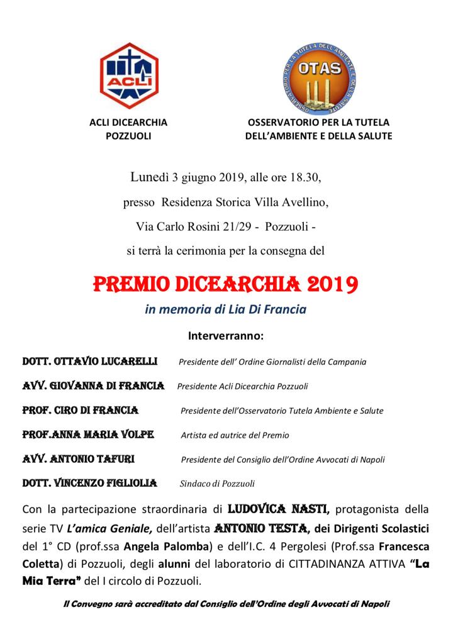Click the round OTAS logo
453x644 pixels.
(320, 75)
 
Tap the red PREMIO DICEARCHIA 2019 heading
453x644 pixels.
(226, 284)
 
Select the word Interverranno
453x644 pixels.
(226, 335)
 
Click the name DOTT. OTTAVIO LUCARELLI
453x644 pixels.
(90, 362)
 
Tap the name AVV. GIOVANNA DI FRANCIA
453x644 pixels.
(93, 386)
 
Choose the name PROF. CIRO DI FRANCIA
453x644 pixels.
(81, 410)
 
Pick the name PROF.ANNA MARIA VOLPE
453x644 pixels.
(88, 435)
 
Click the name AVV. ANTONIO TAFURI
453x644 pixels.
(79, 459)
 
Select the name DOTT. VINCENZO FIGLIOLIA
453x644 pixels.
(89, 483)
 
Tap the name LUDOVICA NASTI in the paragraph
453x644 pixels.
(276, 508)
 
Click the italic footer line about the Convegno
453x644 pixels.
(226, 604)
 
